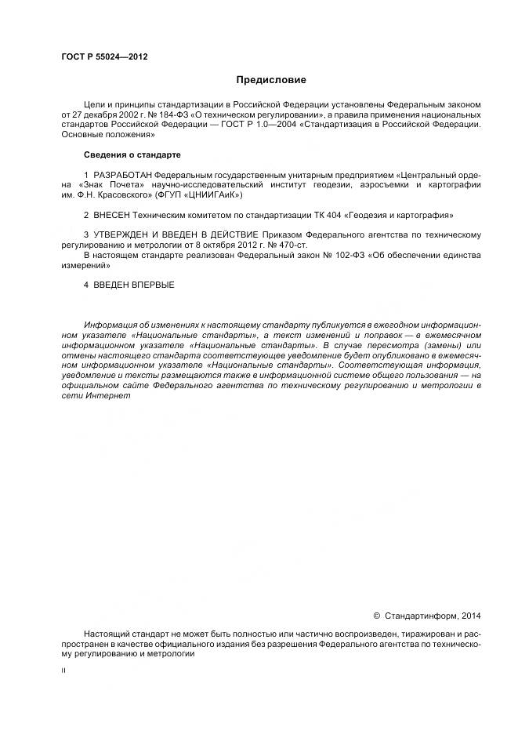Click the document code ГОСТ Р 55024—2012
point(105,57)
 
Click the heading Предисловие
point(270,80)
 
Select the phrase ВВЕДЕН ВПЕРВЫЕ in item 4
point(134,285)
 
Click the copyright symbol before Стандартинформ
point(376,616)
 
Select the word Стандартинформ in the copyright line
point(421,616)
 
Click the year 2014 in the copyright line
point(472,616)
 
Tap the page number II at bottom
point(63,671)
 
